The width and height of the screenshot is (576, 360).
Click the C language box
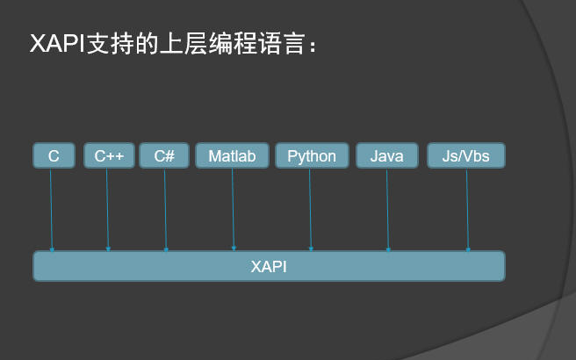(x=54, y=155)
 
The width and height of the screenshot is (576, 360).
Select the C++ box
(x=109, y=155)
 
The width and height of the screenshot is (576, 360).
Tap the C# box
(x=164, y=155)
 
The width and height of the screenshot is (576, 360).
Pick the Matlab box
(x=232, y=155)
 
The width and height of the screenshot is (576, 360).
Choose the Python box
(x=312, y=155)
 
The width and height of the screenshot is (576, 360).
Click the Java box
(x=387, y=155)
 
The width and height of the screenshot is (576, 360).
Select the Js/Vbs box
(x=466, y=155)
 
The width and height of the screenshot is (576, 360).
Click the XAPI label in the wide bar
(x=269, y=267)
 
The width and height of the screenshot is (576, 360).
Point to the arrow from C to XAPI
(x=52, y=210)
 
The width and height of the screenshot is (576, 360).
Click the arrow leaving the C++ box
(x=107, y=210)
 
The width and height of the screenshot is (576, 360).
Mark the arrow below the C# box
(x=165, y=210)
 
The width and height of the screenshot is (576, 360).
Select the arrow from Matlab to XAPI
(x=233, y=210)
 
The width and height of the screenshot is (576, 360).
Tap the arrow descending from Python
(x=311, y=210)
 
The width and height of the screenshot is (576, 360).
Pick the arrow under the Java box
(x=387, y=210)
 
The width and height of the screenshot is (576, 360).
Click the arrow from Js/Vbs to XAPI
(x=467, y=210)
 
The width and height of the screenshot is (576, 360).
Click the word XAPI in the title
(x=57, y=44)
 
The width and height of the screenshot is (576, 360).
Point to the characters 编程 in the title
(x=233, y=44)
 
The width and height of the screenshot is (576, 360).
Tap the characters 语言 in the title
(x=282, y=44)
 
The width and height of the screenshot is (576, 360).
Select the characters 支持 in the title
(x=110, y=44)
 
